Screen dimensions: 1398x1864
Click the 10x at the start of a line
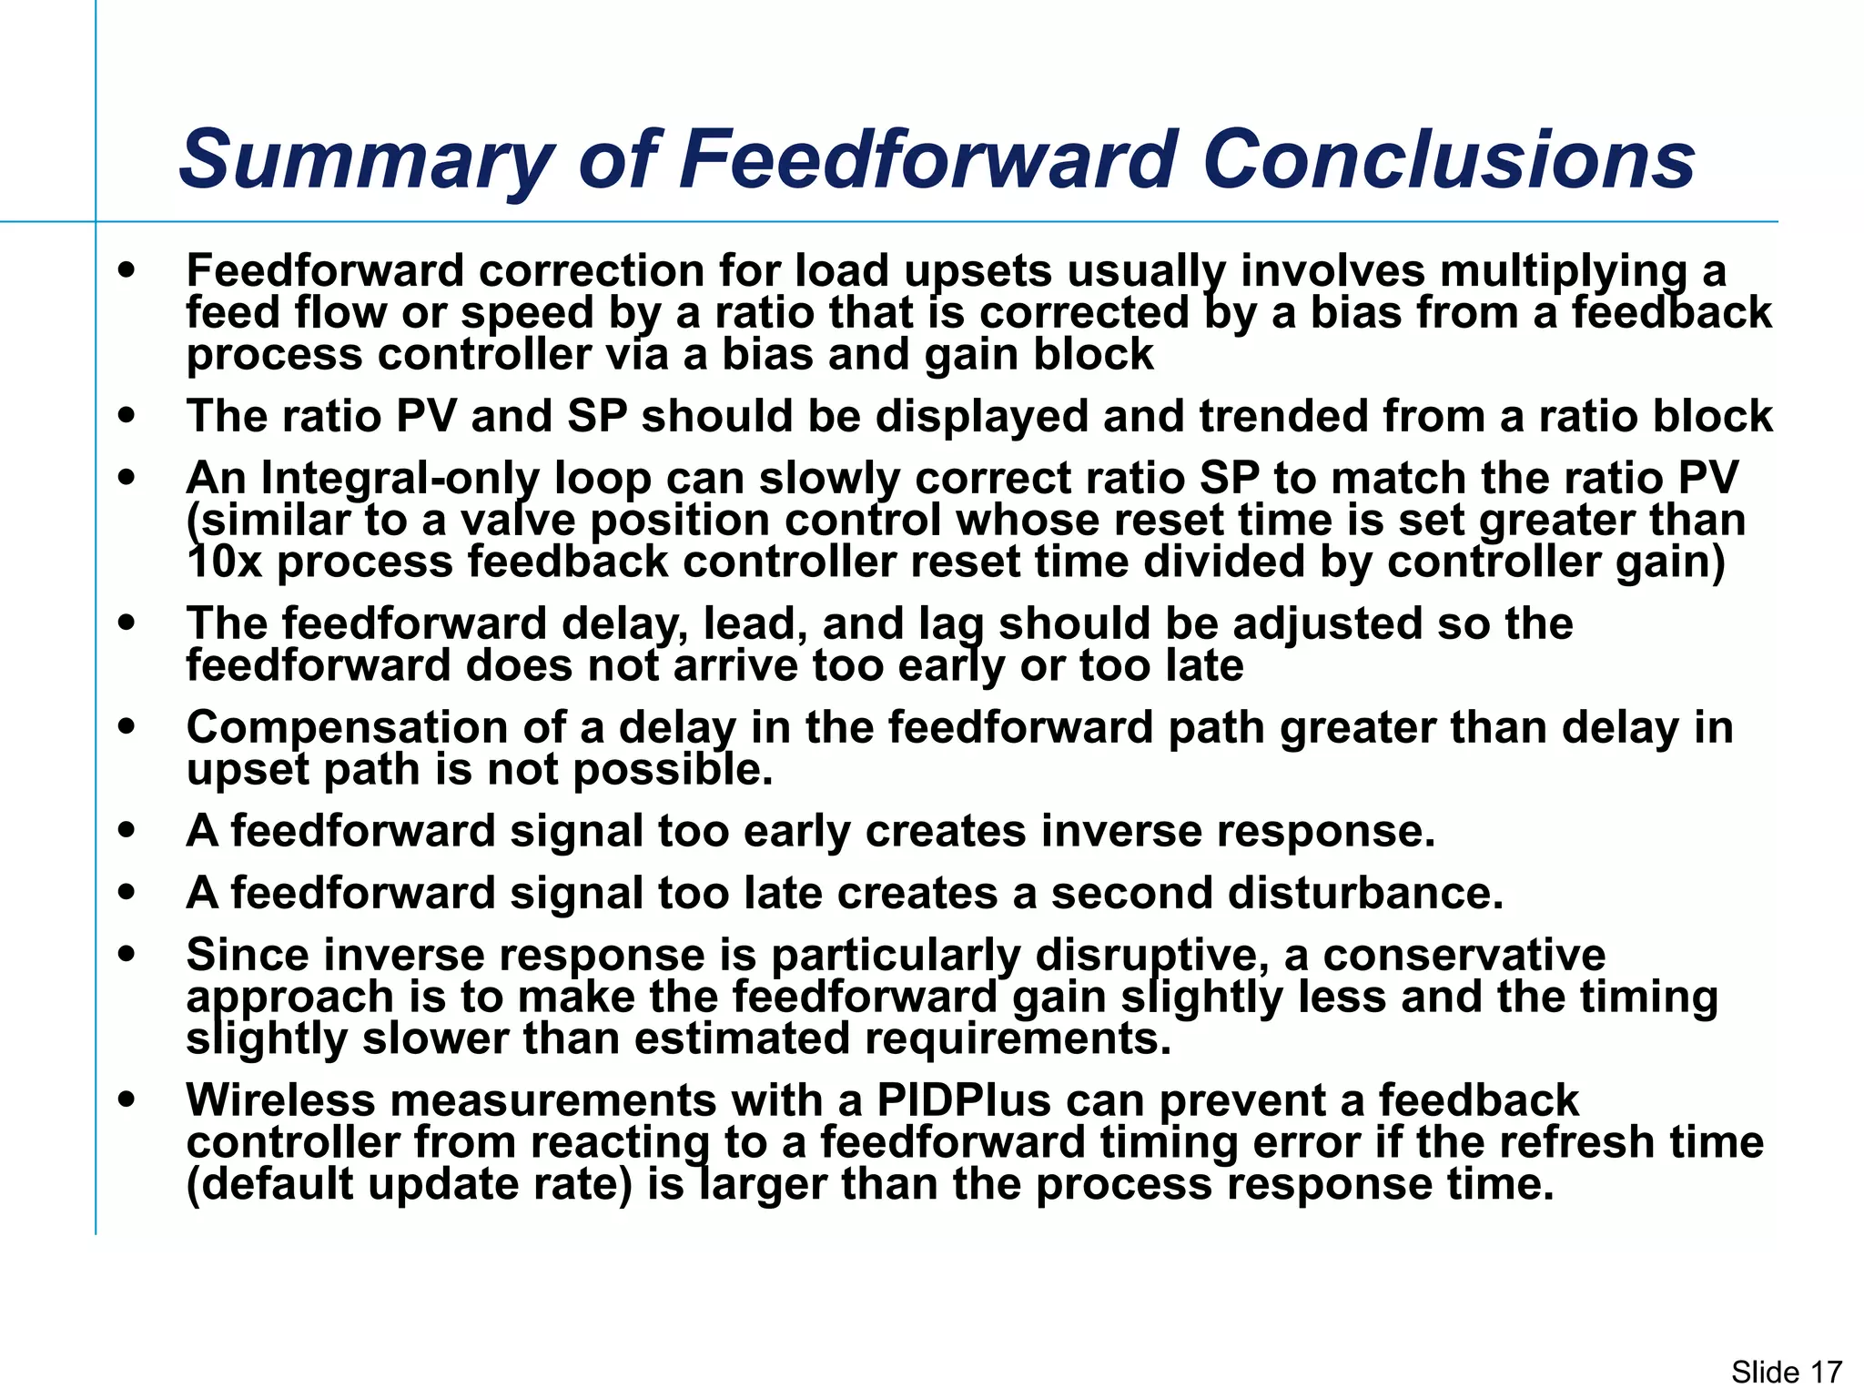(x=224, y=562)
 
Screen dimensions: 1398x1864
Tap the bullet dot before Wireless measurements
(x=127, y=1099)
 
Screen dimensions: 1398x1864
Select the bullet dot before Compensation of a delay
(x=127, y=727)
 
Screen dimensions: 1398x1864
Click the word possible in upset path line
(x=673, y=770)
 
